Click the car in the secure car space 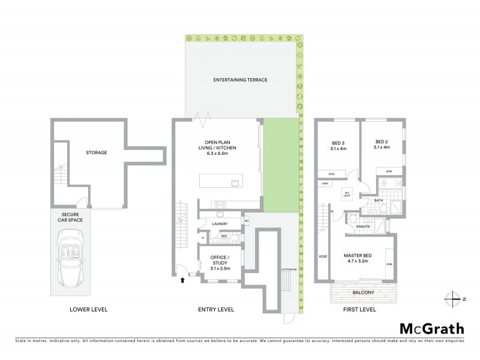[71, 259]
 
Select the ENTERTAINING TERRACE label [240, 80]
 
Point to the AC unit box [247, 221]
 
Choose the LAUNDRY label [220, 224]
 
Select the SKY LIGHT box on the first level [346, 194]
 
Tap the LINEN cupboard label [325, 183]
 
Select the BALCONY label [364, 292]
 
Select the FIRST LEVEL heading [359, 310]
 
